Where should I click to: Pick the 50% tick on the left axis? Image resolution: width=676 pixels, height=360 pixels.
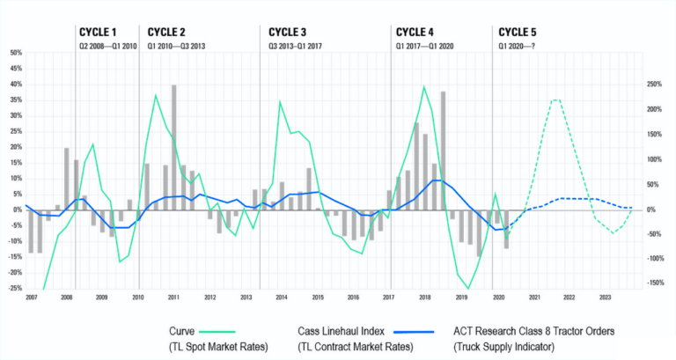(x=16, y=53)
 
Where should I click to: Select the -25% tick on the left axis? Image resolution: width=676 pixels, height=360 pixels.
(x=15, y=288)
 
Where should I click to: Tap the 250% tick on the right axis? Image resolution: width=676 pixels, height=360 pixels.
(x=654, y=84)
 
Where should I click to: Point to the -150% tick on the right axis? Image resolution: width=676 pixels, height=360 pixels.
(x=654, y=283)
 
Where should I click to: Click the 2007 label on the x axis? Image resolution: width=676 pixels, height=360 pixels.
(x=31, y=298)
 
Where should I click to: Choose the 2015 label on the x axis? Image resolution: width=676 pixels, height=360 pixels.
(x=317, y=298)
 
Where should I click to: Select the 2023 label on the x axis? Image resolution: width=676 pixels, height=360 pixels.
(x=605, y=298)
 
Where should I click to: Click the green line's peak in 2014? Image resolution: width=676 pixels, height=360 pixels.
(x=280, y=101)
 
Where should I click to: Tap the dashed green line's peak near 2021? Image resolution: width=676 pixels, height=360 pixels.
(x=555, y=99)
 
